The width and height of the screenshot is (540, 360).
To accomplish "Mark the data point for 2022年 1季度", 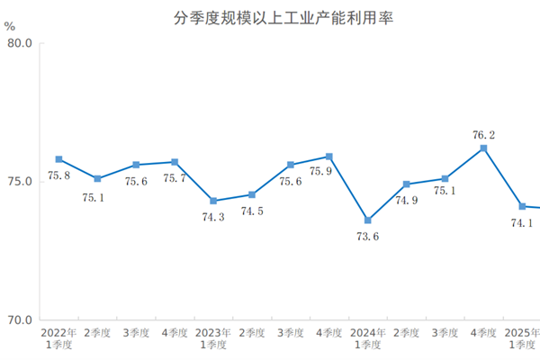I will pyautogui.click(x=58, y=159).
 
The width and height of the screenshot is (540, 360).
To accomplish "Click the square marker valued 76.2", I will pyautogui.click(x=484, y=148).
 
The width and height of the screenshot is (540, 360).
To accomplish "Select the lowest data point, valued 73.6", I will pyautogui.click(x=368, y=220).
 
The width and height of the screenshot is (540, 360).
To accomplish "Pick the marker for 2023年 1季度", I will pyautogui.click(x=213, y=201).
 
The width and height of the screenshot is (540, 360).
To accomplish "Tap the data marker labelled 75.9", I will pyautogui.click(x=329, y=157).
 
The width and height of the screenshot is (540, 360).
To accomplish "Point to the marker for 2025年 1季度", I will pyautogui.click(x=523, y=206).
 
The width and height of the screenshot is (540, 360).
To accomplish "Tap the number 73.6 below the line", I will pyautogui.click(x=367, y=237).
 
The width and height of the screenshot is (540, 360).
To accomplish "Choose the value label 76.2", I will pyautogui.click(x=483, y=135).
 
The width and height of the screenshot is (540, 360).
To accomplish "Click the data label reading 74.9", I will pyautogui.click(x=407, y=201).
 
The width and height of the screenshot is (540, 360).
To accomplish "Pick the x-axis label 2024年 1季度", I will pyautogui.click(x=368, y=338).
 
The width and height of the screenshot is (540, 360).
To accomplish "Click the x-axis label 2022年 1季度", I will pyautogui.click(x=58, y=338).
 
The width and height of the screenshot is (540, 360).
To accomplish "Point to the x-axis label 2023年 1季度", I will pyautogui.click(x=213, y=338).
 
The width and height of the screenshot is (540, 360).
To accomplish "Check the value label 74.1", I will pyautogui.click(x=523, y=223).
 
